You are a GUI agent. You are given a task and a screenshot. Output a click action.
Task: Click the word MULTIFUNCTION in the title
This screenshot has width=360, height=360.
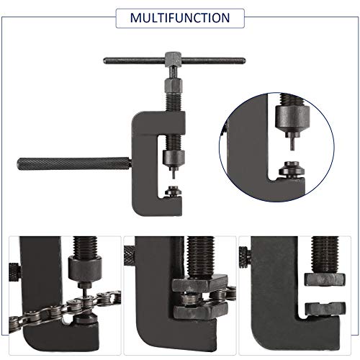[x=180, y=18]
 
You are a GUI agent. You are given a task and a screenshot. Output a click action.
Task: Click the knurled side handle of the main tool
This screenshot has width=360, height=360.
[x=74, y=163]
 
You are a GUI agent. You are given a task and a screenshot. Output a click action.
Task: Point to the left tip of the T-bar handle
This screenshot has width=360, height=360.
[x=104, y=60]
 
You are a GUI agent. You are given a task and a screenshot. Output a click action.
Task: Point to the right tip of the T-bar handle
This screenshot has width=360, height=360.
[x=244, y=60]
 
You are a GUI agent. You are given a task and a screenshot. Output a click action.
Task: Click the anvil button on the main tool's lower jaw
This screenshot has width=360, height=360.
[x=174, y=192]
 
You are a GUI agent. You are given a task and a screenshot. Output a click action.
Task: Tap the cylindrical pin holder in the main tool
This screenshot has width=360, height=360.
[x=174, y=159]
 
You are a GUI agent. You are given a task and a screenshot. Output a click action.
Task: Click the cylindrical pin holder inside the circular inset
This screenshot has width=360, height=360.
[x=292, y=120]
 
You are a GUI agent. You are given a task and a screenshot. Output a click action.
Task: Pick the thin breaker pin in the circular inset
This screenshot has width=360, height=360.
[x=292, y=144]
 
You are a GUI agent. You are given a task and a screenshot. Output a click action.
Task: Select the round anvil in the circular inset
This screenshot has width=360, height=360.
[x=292, y=169]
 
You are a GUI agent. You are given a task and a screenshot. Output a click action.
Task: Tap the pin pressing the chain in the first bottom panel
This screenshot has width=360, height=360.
[x=86, y=292]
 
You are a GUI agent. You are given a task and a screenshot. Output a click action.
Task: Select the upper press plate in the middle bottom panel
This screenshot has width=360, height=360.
[x=199, y=284]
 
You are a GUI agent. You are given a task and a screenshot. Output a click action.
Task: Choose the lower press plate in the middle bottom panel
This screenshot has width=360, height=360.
[x=201, y=310]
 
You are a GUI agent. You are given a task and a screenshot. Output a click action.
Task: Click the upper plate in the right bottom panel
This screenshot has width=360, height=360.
[x=325, y=279]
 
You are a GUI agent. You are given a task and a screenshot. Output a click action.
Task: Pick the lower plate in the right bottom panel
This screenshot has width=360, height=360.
[x=325, y=310]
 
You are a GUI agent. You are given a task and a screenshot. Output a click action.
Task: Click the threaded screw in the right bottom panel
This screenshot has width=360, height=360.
[x=325, y=255]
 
